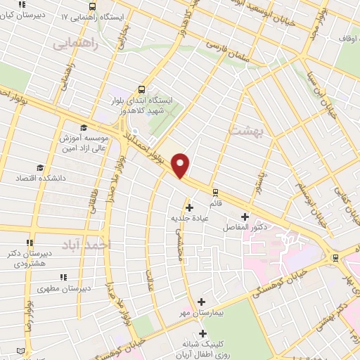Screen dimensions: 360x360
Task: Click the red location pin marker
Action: [181, 165]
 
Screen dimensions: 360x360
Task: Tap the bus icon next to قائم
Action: [215, 191]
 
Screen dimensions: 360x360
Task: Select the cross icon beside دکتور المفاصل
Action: [245, 217]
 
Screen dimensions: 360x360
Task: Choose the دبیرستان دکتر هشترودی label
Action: [28, 257]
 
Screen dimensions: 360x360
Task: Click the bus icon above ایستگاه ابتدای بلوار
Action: [142, 89]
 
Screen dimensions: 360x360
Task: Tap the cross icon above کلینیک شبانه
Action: [203, 333]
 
